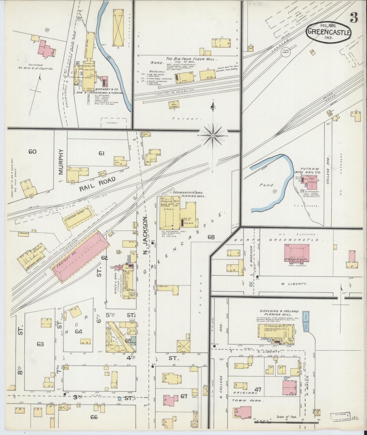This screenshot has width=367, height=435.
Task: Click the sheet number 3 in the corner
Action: (354, 18)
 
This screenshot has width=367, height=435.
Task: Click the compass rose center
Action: (213, 136)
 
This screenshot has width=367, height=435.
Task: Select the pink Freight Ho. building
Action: (80, 257)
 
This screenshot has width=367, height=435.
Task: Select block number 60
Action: (32, 152)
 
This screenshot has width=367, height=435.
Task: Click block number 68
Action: (211, 237)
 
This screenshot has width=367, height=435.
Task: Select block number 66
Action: (93, 417)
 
